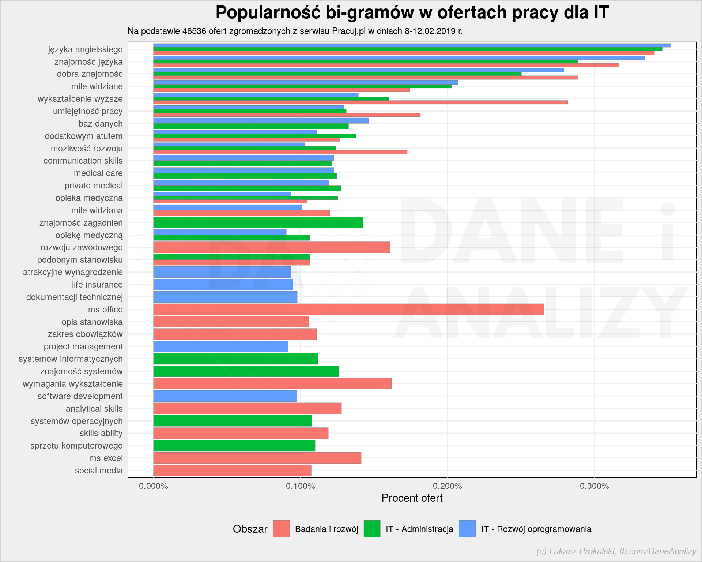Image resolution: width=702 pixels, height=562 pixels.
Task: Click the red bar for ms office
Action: (348, 310)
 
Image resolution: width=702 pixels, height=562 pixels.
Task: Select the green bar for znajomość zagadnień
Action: (258, 223)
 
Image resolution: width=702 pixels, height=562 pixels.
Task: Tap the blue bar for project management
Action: (220, 346)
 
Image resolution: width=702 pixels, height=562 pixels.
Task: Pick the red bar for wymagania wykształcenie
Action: (272, 384)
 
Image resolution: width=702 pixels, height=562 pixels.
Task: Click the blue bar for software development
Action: (225, 396)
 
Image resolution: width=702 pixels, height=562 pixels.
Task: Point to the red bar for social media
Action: (232, 471)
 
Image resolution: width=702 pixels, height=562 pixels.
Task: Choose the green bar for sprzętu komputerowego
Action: (234, 446)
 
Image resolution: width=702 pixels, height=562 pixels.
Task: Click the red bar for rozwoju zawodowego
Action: (272, 247)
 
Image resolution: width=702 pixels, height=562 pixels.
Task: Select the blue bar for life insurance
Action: (223, 285)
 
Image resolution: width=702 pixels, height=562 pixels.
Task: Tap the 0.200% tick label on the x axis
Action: (448, 486)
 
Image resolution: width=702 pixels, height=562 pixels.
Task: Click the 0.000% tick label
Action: (154, 486)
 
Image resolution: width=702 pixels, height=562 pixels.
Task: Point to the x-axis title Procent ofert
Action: (412, 498)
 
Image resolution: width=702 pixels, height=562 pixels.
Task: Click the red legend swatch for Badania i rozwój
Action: (281, 529)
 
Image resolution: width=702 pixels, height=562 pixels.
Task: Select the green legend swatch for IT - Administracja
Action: (372, 529)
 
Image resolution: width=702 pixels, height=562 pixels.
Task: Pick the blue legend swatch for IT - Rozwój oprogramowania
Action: (467, 529)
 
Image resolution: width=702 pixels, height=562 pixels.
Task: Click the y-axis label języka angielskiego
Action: (86, 50)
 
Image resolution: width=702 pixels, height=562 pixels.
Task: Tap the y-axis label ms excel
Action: (106, 458)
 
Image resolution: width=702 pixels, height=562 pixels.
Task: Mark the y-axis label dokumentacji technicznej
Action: (75, 297)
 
